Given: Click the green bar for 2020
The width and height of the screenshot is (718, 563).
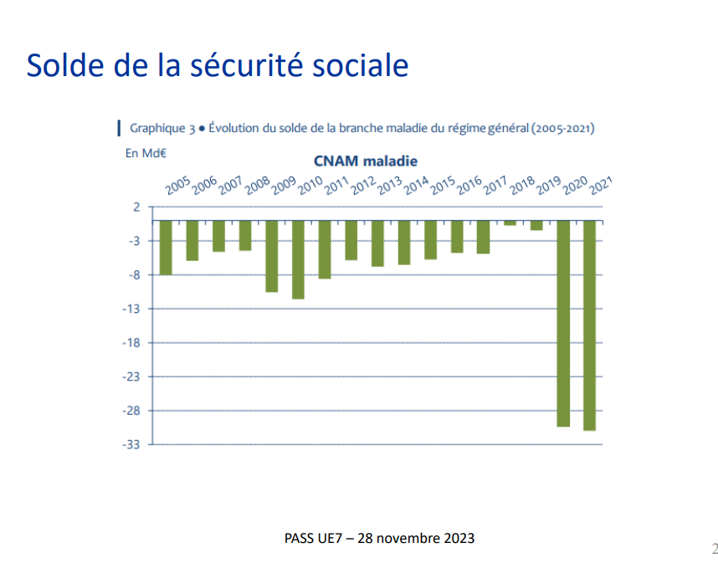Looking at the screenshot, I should (x=563, y=323).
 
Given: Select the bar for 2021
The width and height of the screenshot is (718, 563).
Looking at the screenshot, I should (x=590, y=325).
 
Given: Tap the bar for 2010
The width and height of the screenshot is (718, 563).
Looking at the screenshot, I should (x=298, y=259).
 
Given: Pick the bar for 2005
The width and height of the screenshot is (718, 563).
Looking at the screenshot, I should (x=166, y=247).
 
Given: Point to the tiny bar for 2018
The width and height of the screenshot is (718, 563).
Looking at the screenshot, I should (x=510, y=223).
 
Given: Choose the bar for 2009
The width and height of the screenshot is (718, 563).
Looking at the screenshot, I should (x=271, y=256).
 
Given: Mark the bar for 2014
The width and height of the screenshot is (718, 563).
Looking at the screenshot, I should (x=404, y=242).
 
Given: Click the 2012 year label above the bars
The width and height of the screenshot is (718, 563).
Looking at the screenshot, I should (x=363, y=186).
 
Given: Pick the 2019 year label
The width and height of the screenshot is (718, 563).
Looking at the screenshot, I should (x=548, y=186).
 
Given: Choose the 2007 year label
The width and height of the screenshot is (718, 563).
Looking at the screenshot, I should (x=230, y=186).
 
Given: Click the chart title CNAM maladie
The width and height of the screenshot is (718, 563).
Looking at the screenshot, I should (x=366, y=161).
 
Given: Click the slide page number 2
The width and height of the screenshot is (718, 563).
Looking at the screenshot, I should (x=714, y=549).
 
